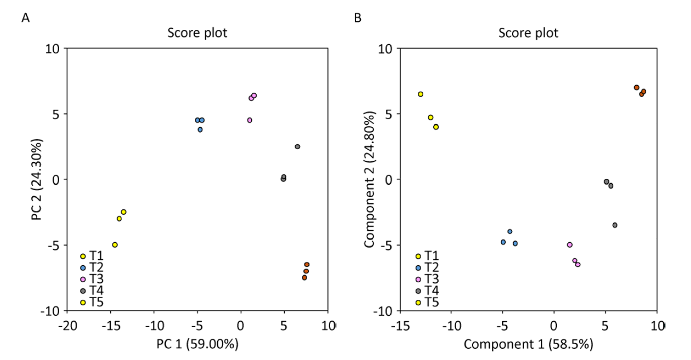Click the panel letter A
click(x=24, y=19)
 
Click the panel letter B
click(x=358, y=19)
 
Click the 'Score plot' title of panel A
click(x=198, y=33)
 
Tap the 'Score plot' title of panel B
click(x=528, y=33)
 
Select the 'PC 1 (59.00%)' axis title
click(x=198, y=343)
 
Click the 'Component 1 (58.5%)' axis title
click(x=529, y=343)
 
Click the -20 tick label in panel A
click(x=67, y=324)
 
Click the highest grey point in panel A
click(x=297, y=146)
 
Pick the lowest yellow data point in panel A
click(x=114, y=245)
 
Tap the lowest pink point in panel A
click(x=249, y=120)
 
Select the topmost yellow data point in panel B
click(x=421, y=94)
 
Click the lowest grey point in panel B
click(x=614, y=225)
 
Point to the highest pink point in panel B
click(x=569, y=245)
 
